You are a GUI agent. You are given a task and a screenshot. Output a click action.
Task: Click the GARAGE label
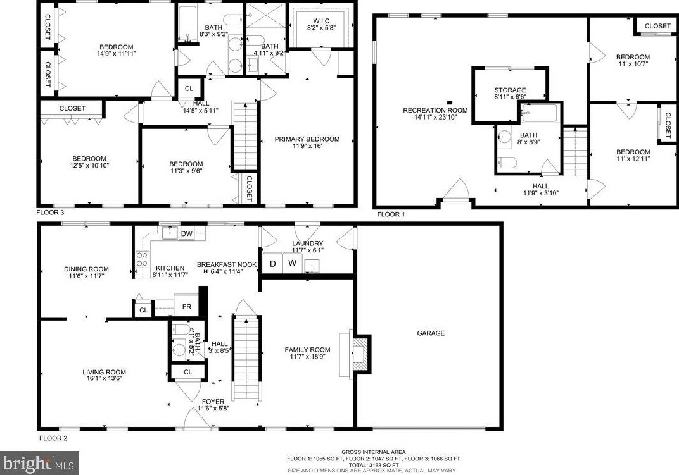click(x=430, y=333)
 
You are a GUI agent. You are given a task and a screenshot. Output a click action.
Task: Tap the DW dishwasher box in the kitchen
click(x=186, y=234)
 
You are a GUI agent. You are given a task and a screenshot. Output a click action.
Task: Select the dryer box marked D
click(x=273, y=263)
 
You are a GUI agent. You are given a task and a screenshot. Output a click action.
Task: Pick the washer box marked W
click(x=292, y=263)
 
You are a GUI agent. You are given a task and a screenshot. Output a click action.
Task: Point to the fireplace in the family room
click(x=359, y=354)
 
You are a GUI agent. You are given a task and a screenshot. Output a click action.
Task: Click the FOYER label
click(x=213, y=402)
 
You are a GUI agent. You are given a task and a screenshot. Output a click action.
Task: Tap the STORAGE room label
click(x=510, y=90)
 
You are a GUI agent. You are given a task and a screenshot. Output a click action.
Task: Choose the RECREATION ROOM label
click(x=435, y=111)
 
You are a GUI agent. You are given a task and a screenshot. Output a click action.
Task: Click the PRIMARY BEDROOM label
click(x=307, y=139)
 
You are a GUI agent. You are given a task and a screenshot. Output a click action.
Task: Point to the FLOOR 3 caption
click(x=51, y=214)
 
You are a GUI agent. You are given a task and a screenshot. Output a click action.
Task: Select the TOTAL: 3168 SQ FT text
click(x=374, y=465)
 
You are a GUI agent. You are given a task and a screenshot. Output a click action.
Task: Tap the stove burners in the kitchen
click(x=142, y=259)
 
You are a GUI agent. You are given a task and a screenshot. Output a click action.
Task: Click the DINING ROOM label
click(x=86, y=269)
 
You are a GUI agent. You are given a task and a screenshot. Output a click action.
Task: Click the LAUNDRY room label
click(x=308, y=244)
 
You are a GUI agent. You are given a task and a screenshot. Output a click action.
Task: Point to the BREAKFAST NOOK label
click(x=226, y=264)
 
